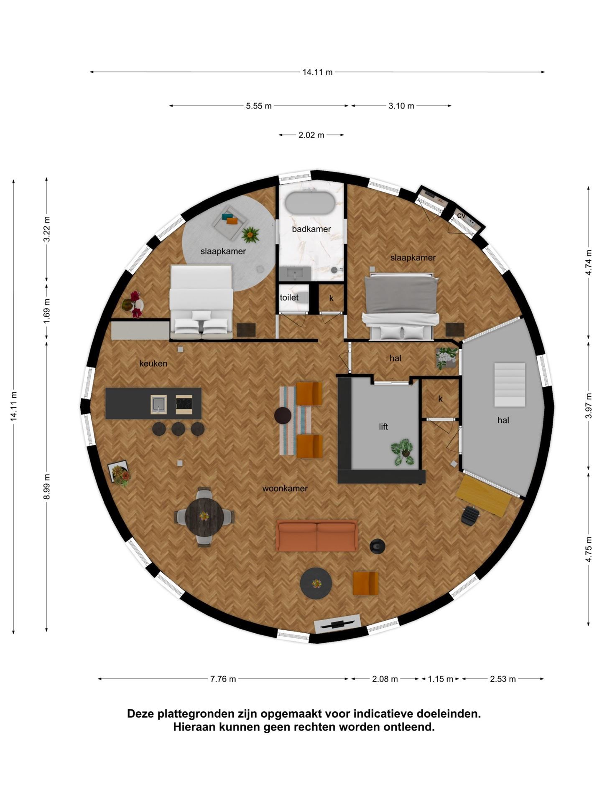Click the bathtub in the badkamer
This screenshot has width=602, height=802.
(310, 203)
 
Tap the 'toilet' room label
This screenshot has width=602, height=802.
(289, 297)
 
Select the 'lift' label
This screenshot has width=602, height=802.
(383, 426)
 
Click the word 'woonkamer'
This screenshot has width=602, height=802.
(285, 488)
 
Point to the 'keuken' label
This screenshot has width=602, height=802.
(153, 363)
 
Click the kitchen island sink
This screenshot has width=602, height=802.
(159, 404)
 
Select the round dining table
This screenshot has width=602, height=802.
(204, 517)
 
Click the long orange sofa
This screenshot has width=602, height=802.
(317, 536)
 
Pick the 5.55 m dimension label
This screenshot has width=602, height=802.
(259, 106)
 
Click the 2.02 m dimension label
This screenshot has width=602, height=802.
(311, 135)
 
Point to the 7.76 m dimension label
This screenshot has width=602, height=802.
(223, 679)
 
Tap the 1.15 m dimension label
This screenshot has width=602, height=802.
(440, 679)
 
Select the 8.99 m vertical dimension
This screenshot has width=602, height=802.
(47, 486)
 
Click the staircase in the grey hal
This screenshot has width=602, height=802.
(510, 385)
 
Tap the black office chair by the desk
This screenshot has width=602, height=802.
(470, 515)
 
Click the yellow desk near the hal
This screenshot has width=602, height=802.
(484, 496)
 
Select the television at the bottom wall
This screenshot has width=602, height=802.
(337, 624)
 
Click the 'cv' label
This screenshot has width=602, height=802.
(461, 216)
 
